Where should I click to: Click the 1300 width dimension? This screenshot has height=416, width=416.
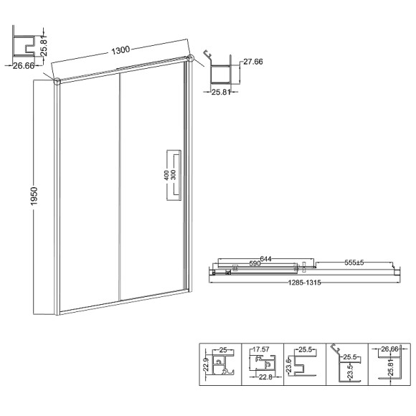(120, 50)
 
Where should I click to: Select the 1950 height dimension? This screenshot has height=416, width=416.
(34, 196)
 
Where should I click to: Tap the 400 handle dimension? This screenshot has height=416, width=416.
(166, 176)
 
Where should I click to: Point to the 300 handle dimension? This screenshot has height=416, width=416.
(174, 175)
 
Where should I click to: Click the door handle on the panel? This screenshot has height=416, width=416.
(174, 175)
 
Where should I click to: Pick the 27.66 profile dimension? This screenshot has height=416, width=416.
(253, 62)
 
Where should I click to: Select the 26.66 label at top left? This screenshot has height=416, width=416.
(24, 66)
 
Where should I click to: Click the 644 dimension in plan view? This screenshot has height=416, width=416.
(265, 258)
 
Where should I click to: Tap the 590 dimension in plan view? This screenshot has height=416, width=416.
(255, 263)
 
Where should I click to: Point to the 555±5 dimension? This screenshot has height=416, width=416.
(354, 263)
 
